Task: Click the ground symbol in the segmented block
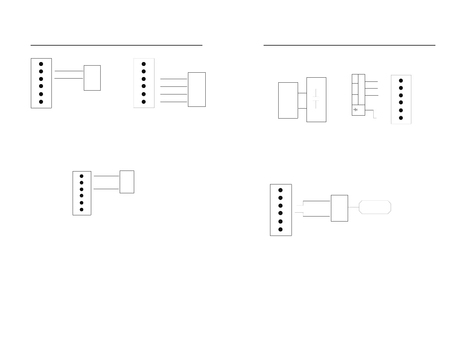356,110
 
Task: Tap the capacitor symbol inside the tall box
316,99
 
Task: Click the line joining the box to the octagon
354,207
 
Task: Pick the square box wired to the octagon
339,208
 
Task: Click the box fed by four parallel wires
197,89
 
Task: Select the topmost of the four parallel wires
174,79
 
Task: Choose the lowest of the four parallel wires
174,102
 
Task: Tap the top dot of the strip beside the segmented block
401,81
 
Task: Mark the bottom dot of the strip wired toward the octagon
280,229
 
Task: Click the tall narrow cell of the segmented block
362,89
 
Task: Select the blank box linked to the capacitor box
288,101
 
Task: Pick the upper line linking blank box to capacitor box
302,93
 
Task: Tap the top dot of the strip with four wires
144,64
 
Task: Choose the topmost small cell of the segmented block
355,79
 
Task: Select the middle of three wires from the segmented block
372,88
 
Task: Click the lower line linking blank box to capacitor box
302,109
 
